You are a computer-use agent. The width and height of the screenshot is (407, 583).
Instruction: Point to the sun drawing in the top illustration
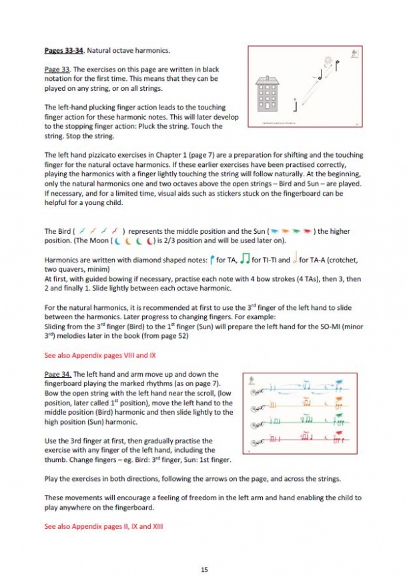[328, 61]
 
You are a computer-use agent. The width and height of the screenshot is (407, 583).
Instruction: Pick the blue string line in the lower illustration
[300, 387]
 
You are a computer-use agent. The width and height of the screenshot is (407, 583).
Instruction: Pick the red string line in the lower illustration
[300, 441]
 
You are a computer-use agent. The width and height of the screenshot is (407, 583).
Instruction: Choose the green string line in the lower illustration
[300, 423]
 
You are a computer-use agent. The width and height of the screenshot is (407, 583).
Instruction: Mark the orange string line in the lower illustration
[300, 405]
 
